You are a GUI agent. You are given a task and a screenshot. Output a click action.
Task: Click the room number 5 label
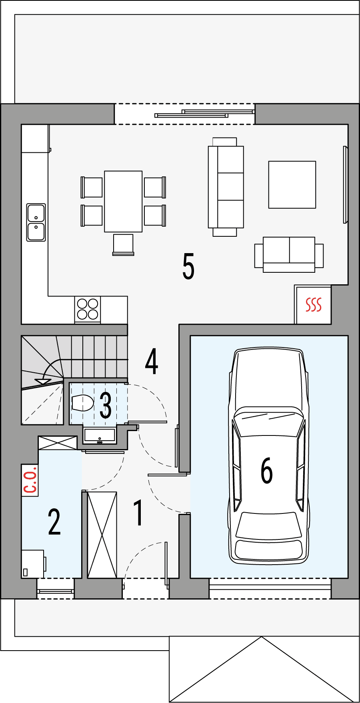[188, 266]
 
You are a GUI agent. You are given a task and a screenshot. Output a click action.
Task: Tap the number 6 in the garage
[267, 470]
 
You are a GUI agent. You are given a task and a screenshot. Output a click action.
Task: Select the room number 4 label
[152, 361]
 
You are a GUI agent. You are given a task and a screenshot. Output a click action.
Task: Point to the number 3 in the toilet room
[106, 405]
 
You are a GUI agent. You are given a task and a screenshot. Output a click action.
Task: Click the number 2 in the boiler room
[54, 522]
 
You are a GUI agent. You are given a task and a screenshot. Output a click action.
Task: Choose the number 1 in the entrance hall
[138, 513]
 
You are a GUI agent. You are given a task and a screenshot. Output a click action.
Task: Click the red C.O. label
[30, 480]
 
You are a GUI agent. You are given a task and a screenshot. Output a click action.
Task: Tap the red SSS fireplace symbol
[314, 305]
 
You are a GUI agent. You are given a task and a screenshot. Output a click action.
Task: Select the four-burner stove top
[88, 309]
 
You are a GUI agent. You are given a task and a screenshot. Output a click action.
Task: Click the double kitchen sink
[36, 222]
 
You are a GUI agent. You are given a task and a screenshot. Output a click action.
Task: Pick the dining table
[123, 201]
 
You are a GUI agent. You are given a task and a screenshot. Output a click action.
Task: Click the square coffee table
[292, 185]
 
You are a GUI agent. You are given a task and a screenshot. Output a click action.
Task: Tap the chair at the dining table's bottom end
[123, 244]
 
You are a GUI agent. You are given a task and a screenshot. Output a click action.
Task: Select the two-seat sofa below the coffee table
[289, 254]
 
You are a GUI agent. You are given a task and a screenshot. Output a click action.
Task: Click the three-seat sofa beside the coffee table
[226, 187]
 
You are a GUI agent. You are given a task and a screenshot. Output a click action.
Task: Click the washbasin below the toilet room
[100, 435]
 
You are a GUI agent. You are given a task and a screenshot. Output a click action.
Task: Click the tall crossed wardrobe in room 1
[102, 535]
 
